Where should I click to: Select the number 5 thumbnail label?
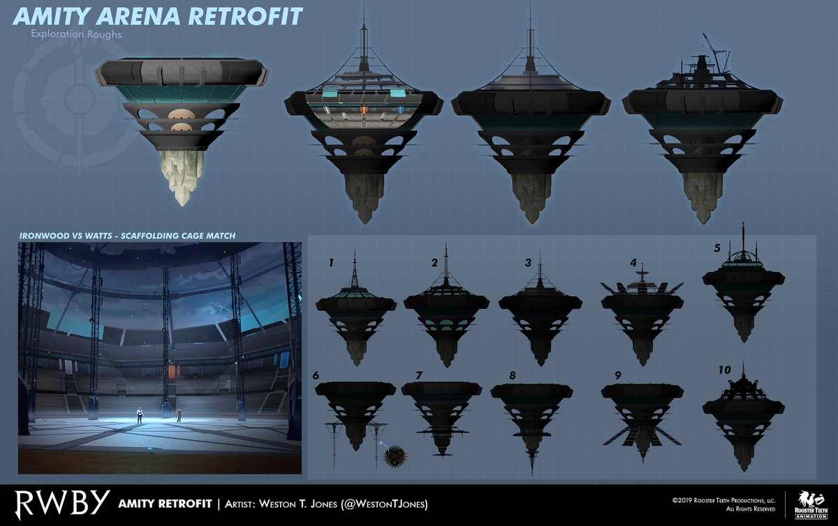[x=716, y=248]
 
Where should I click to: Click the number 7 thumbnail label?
[x=419, y=375]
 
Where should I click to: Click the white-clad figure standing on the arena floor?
[x=140, y=414]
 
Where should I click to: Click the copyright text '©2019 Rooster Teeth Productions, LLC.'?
[x=722, y=499]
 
